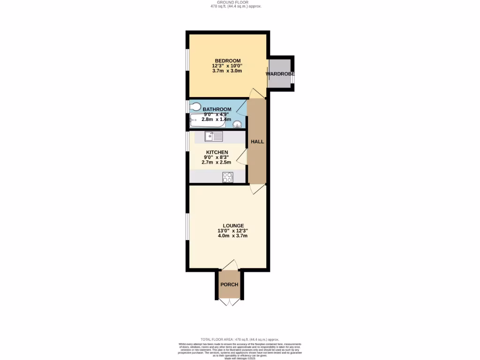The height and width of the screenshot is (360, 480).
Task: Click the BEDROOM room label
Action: [x=227, y=61]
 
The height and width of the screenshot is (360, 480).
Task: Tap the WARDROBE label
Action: [x=280, y=74]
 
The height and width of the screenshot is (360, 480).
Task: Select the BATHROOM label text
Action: [x=217, y=109]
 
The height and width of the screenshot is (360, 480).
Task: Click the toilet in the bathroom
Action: [x=195, y=107]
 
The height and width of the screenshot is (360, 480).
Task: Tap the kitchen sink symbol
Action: [x=213, y=136]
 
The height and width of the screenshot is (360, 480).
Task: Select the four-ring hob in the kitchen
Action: [x=227, y=177]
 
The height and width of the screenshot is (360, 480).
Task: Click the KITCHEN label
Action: [x=217, y=152]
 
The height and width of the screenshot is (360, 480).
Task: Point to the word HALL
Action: [x=257, y=142]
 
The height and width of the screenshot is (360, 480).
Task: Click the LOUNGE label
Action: [x=233, y=225]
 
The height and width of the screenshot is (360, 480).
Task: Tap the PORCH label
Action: [x=229, y=285]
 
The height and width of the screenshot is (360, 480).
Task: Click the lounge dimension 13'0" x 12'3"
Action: [x=232, y=231]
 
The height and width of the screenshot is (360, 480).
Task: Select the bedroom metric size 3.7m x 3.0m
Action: [x=227, y=71]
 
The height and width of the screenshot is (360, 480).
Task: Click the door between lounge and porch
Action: [x=230, y=266]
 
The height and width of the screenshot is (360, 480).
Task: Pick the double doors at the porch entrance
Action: [x=230, y=302]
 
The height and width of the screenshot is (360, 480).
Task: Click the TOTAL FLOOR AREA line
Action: [x=240, y=339]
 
